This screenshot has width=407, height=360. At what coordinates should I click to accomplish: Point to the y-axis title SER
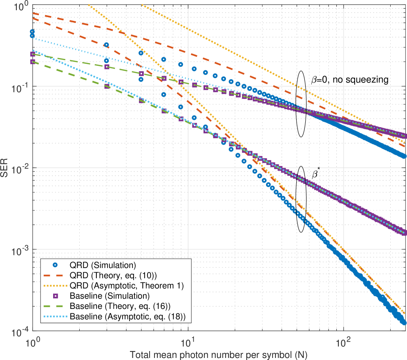[6, 169]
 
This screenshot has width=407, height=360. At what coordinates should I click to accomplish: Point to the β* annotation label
[315, 174]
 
